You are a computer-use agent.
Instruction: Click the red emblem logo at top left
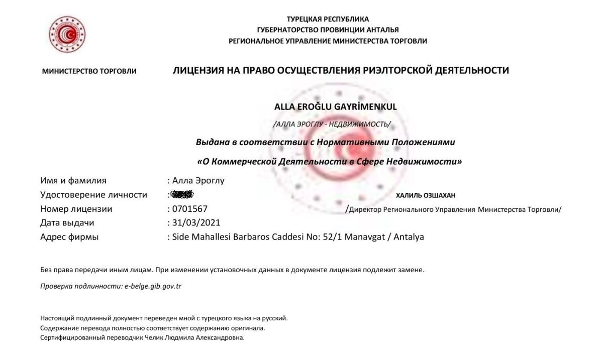coord(67,35)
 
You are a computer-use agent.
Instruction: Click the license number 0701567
coord(190,209)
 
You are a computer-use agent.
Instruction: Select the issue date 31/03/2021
coord(196,222)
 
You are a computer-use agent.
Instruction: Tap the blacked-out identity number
coord(182,194)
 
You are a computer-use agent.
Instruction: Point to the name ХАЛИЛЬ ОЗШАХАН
coord(426,195)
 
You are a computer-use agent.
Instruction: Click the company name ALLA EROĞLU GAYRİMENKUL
coord(335,106)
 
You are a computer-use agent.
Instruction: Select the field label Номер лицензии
coord(76,209)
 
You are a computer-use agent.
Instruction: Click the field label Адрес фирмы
coord(69,236)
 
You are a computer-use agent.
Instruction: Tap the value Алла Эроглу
coord(198,181)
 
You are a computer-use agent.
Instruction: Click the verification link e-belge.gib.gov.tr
coord(153,286)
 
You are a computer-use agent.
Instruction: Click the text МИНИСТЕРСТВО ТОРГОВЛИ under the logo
coord(89,71)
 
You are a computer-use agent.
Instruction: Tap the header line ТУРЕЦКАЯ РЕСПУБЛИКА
coord(327,19)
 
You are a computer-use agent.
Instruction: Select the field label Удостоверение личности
coord(93,195)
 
